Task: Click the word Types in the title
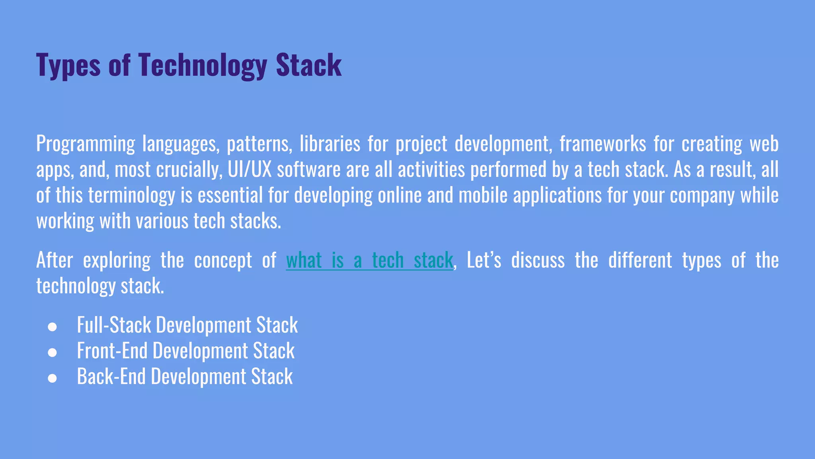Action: coord(68,65)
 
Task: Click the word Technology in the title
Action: coord(202,65)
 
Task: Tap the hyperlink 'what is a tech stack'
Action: coord(369,261)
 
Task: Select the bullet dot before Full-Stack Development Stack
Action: coord(52,327)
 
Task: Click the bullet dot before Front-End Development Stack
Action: coord(52,353)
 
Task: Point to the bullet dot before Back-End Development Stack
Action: coord(52,378)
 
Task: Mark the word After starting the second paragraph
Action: coord(55,261)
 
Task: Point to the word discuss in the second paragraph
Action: coord(538,261)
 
